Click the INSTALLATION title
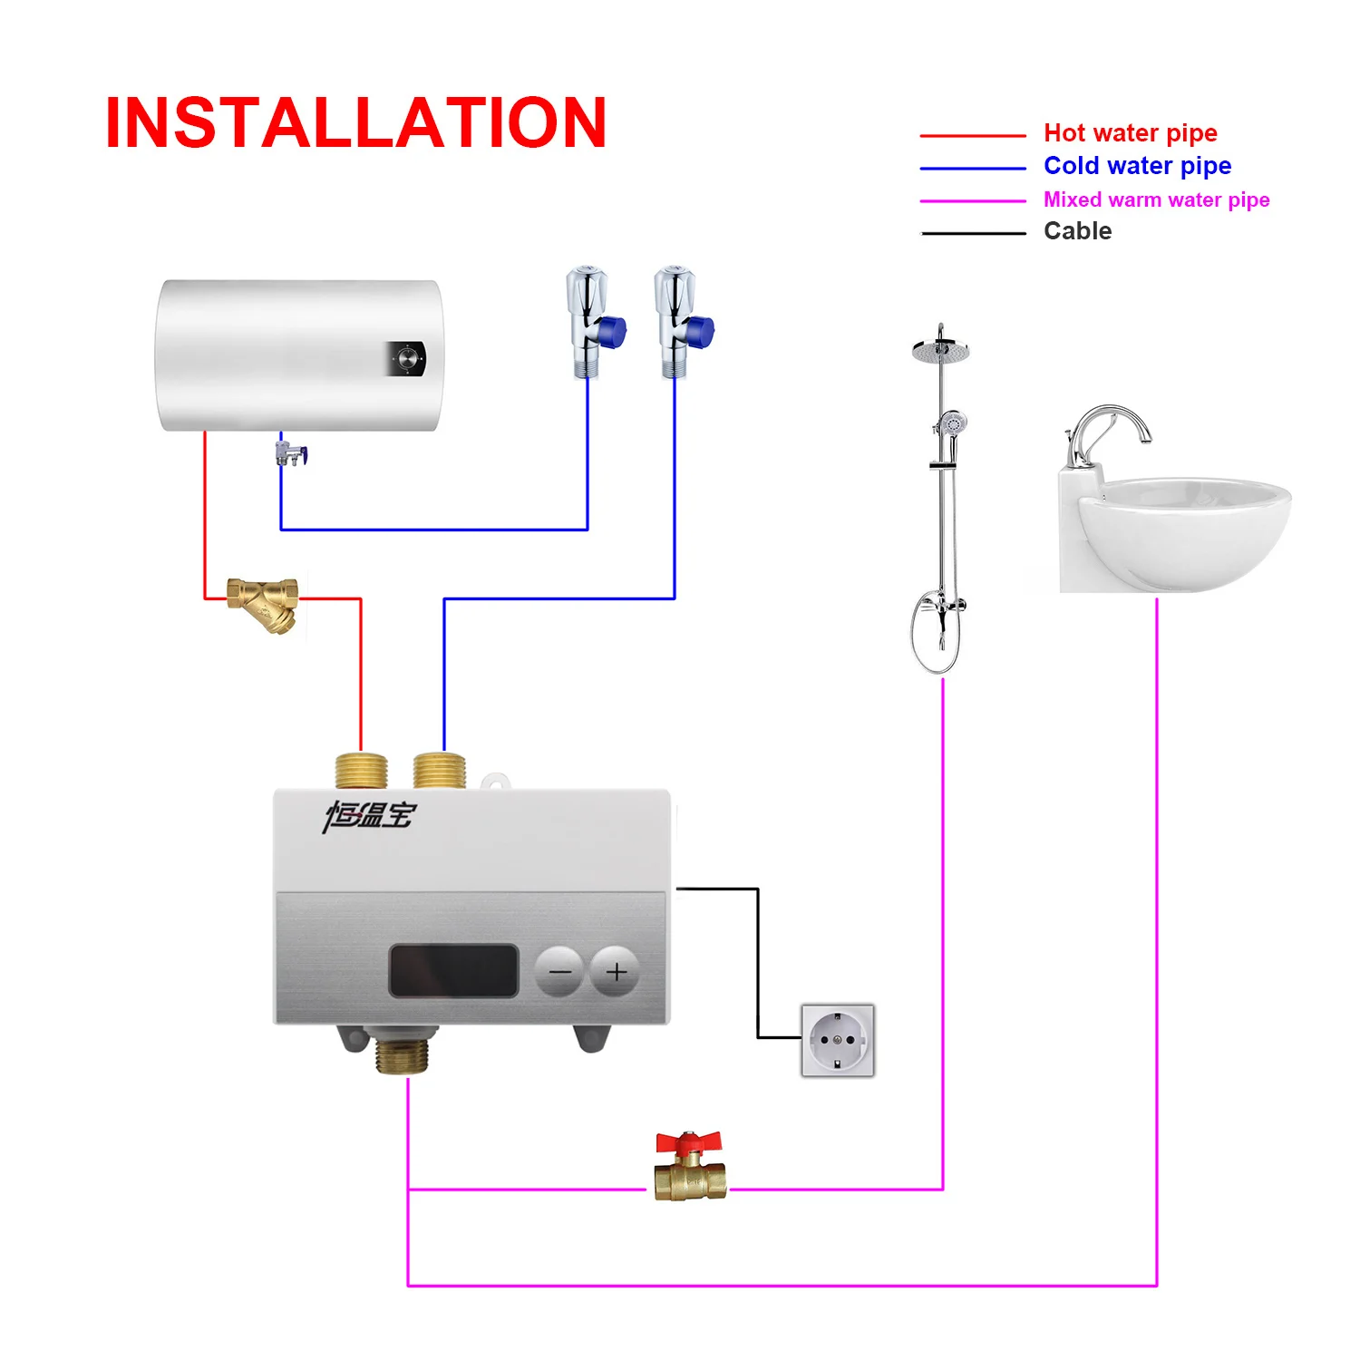(355, 123)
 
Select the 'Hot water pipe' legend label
(1130, 133)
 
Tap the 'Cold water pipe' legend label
(1137, 166)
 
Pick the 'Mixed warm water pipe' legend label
(1156, 199)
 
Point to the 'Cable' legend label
(1077, 231)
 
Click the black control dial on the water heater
(408, 358)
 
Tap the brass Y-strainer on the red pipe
(264, 602)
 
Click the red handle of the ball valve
(688, 1141)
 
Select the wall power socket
(838, 1040)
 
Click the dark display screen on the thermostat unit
(453, 970)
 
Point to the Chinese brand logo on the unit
(369, 815)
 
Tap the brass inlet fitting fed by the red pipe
(361, 771)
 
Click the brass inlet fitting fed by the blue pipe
(440, 771)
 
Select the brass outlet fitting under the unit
(402, 1056)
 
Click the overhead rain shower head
(941, 350)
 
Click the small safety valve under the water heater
(291, 453)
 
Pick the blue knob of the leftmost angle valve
(613, 332)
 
